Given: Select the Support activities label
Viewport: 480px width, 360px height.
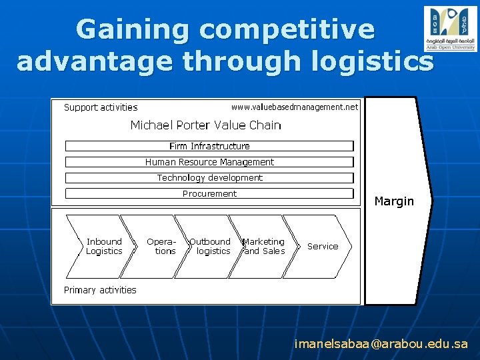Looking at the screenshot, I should click(x=101, y=107).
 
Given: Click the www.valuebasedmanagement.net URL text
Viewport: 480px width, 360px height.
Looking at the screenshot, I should click(x=294, y=107).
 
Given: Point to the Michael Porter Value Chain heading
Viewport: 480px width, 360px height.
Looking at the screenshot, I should click(x=205, y=125).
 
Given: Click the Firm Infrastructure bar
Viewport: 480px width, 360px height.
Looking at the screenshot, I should click(x=209, y=146).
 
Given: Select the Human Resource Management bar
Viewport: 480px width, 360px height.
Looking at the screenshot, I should click(x=209, y=162).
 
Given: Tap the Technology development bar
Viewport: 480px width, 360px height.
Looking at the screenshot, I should click(x=209, y=178).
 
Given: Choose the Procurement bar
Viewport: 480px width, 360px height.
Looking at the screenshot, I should click(x=209, y=194).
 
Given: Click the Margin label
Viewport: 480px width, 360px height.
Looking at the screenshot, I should click(x=394, y=201).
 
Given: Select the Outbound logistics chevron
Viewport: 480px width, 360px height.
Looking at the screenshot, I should click(x=211, y=247).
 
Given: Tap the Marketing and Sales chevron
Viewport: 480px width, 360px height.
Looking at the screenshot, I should click(x=264, y=247).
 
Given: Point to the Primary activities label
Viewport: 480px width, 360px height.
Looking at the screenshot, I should click(x=100, y=290).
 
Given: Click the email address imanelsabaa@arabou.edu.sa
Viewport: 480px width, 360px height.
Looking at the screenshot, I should click(x=381, y=344).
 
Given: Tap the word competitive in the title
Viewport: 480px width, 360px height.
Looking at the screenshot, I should click(x=287, y=30).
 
